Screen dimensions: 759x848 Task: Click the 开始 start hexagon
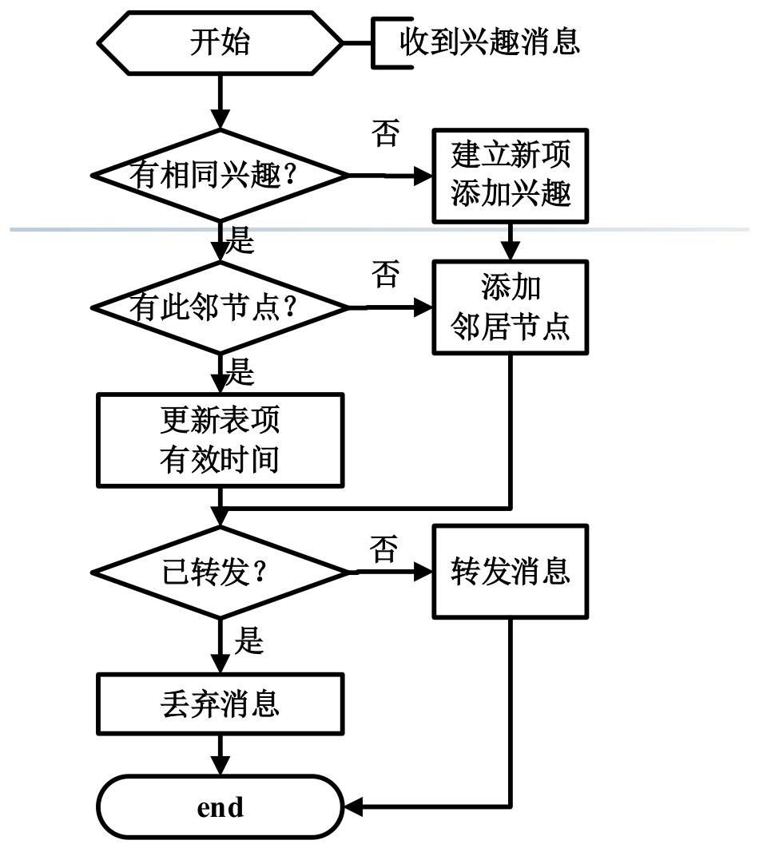pos(220,43)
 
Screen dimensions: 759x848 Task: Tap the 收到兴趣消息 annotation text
pos(490,42)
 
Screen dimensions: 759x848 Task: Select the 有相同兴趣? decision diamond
pos(220,175)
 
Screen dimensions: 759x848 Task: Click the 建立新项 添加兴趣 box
pos(511,176)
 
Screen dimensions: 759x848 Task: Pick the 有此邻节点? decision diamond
pos(220,307)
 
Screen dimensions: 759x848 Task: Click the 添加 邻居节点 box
pos(511,307)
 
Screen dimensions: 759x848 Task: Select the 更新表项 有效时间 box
pos(221,440)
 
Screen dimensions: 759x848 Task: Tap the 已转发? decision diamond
pos(220,573)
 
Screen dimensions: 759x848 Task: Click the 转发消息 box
pos(511,572)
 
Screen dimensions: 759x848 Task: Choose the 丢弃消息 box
pos(221,704)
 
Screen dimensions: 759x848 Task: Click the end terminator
pos(221,807)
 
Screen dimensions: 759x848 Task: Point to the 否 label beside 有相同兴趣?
pos(386,133)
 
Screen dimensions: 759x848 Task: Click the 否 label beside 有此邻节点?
pos(386,274)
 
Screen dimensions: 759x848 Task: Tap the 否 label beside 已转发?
pos(384,549)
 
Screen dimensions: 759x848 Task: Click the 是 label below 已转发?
pos(248,640)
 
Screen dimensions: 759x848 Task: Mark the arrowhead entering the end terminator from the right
pos(352,807)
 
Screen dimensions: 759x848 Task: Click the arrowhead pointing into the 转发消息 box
pos(423,572)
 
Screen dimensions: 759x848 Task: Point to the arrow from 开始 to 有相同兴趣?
pos(220,102)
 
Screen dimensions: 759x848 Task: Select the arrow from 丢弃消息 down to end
pos(220,755)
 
